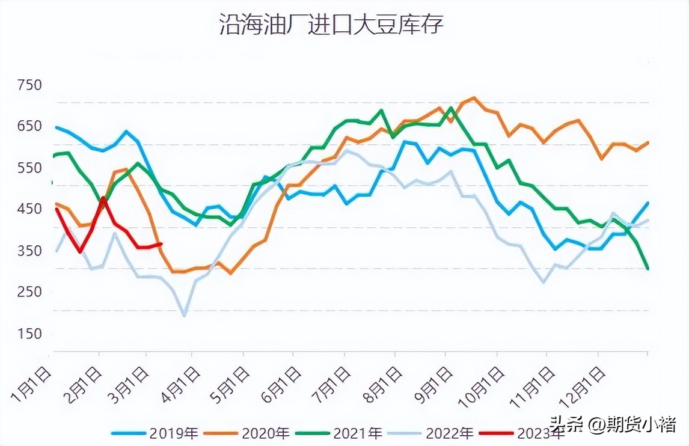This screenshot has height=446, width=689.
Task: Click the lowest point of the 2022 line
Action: [x=184, y=315]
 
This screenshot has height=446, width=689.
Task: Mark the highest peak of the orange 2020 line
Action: [x=474, y=97]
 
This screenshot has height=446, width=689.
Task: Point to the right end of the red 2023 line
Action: [x=161, y=243]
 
